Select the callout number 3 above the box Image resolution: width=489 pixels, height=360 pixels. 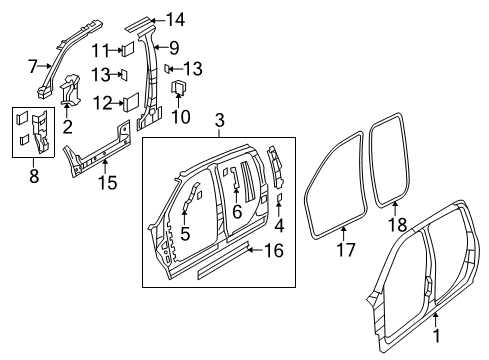pos(219,122)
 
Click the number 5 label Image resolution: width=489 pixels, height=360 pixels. pos(184,234)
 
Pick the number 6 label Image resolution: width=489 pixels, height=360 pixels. pos(236,211)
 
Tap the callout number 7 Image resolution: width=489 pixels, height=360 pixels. pos(33,66)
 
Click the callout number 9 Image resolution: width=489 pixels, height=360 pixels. pos(173,46)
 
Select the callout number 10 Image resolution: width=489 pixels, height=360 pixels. pos(180,117)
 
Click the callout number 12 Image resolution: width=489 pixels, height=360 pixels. pos(103,101)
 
